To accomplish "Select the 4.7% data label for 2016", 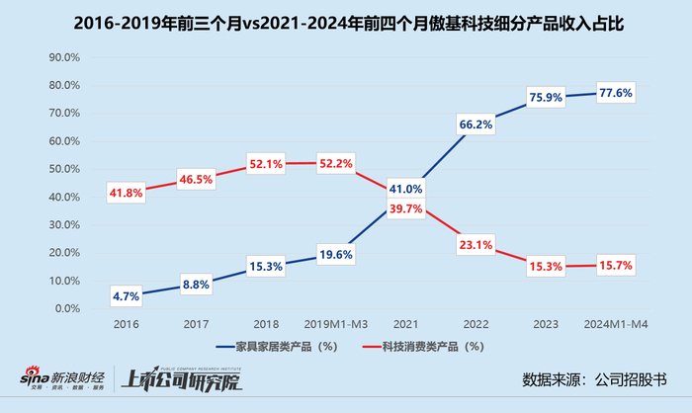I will [125, 294].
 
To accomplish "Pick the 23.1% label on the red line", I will [476, 243].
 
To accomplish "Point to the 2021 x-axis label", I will [405, 323].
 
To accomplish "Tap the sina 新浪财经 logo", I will [56, 379].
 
